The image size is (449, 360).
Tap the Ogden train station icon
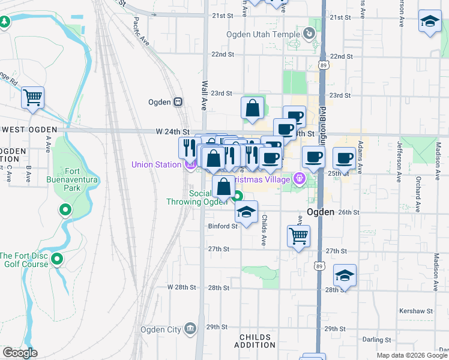tap(178, 102)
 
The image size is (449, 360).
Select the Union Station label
tap(156, 164)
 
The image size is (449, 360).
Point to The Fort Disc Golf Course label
tap(26, 259)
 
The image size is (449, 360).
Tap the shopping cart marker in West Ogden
tap(33, 97)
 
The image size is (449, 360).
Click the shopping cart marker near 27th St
tap(298, 235)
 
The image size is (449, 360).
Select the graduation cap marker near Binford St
tap(246, 212)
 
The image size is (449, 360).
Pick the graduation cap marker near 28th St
tap(345, 275)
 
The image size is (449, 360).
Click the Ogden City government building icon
tap(191, 328)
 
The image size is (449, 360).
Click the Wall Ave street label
tap(204, 95)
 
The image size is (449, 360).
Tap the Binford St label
tap(223, 226)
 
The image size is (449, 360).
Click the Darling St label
tap(377, 340)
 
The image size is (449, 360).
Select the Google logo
tap(20, 353)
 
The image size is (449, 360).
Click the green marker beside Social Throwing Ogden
tap(238, 196)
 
